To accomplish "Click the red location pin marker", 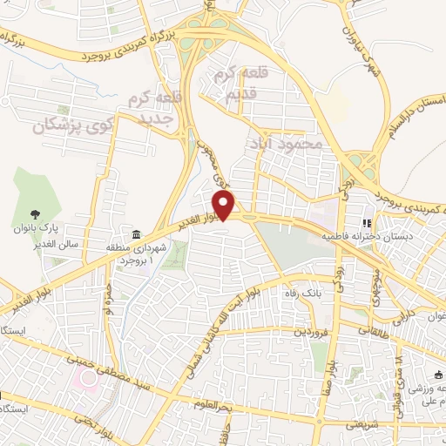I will [x=225, y=206].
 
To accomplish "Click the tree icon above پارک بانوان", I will [x=36, y=213].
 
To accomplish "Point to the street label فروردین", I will [x=312, y=332].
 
